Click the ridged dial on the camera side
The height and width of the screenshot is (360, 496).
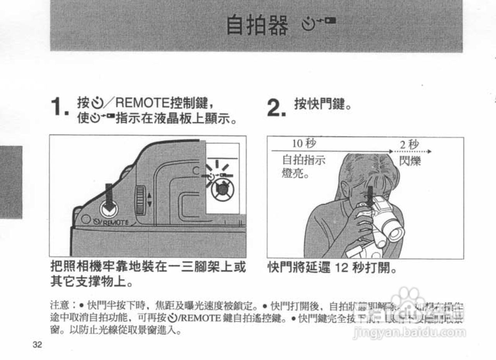[x=140, y=200]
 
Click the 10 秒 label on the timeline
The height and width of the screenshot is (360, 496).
[x=304, y=144]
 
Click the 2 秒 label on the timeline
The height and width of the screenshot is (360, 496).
[x=409, y=145]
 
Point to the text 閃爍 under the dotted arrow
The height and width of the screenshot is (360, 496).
[x=410, y=160]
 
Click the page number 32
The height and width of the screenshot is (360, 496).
[x=37, y=345]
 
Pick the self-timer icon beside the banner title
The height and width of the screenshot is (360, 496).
[x=318, y=26]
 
